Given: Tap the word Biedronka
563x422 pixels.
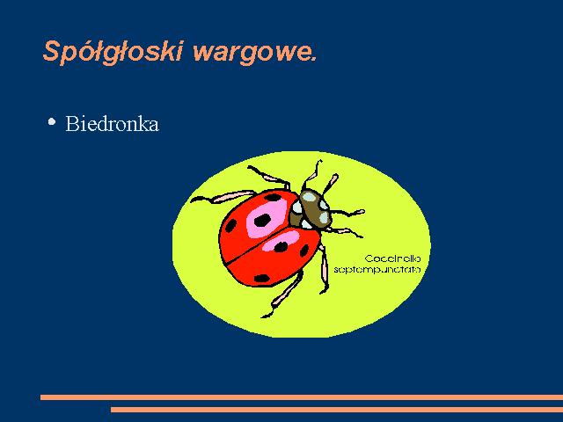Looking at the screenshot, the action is point(112,124).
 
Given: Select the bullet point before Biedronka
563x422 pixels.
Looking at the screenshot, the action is point(52,122).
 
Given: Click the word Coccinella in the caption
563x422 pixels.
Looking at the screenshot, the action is point(392,258).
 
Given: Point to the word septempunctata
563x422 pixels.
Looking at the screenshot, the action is point(377,270).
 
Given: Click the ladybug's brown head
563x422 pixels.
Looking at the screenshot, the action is point(311,209).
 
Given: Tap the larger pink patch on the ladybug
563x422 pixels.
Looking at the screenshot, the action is point(266,218).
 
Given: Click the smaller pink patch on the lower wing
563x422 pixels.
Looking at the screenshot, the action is point(281,241).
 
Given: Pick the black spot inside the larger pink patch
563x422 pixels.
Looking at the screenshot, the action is point(262,220).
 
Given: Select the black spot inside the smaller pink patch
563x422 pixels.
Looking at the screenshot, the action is point(281,246).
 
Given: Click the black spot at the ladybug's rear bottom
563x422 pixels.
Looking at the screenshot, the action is point(262,278).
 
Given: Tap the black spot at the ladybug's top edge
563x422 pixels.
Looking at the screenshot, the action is point(274,197).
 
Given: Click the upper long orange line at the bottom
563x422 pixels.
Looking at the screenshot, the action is point(302,397).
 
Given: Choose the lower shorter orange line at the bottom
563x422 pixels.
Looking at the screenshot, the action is point(337,410).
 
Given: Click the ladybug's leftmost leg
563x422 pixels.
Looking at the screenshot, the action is point(223,196).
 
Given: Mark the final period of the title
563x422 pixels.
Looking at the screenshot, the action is point(315,61).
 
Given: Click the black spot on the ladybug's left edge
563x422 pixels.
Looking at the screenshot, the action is point(230,226).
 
